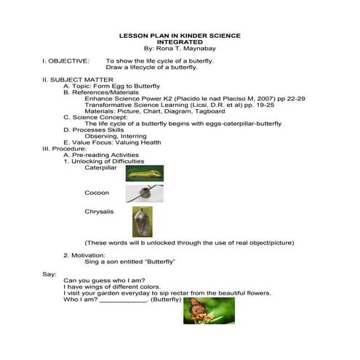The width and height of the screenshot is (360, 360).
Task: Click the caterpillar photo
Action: tap(144, 173)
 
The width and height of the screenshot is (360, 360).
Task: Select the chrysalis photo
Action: tap(143, 221)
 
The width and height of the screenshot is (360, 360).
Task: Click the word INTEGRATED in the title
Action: tap(180, 41)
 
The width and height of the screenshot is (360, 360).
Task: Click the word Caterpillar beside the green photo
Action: tap(100, 168)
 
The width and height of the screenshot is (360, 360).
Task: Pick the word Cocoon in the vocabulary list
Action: tap(97, 193)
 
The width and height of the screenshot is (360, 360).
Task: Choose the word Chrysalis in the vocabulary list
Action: tap(99, 212)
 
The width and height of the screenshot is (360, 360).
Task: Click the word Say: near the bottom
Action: tap(49, 273)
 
